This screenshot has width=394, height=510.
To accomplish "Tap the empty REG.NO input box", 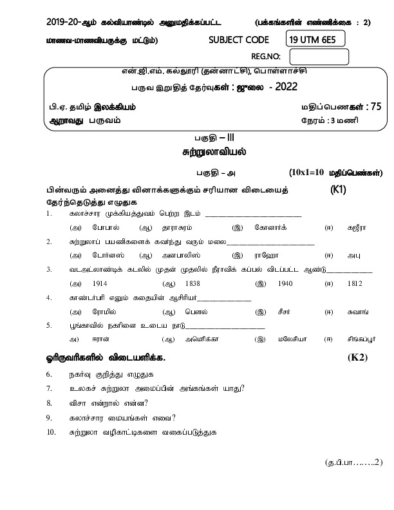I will (324, 57).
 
